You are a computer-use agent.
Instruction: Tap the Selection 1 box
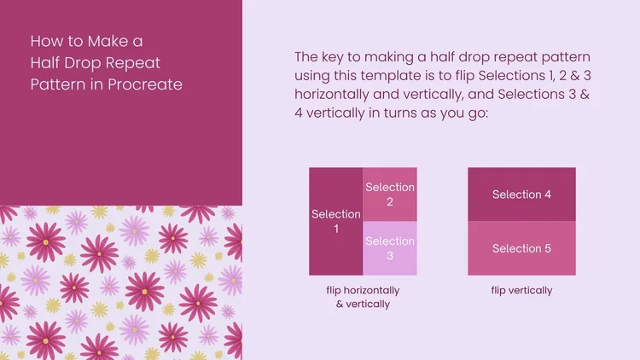pyautogui.click(x=336, y=221)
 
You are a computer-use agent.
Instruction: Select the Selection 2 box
pyautogui.click(x=390, y=194)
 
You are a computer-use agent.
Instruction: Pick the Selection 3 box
pyautogui.click(x=390, y=248)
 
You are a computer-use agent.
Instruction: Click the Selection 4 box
pyautogui.click(x=521, y=195)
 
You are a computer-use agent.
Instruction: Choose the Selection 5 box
pyautogui.click(x=521, y=248)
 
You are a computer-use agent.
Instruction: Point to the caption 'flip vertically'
pyautogui.click(x=521, y=290)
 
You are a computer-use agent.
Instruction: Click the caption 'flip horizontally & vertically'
pyautogui.click(x=363, y=297)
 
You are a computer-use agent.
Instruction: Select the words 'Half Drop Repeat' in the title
pyautogui.click(x=95, y=62)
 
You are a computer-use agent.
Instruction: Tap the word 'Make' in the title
pyautogui.click(x=104, y=40)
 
